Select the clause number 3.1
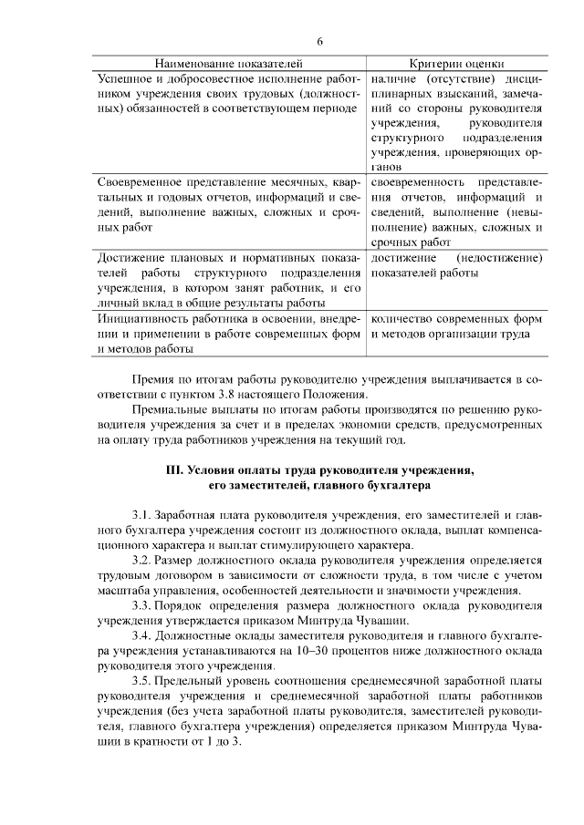click(141, 517)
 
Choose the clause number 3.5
click(141, 681)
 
